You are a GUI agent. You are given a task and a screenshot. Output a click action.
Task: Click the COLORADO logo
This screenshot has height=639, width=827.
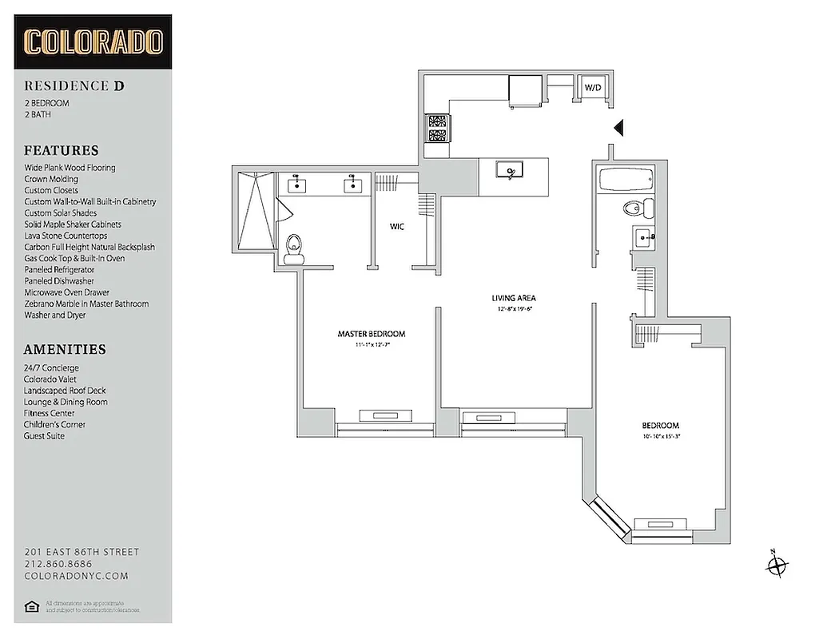[x=93, y=42]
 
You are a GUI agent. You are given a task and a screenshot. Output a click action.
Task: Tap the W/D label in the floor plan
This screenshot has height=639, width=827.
[x=592, y=87]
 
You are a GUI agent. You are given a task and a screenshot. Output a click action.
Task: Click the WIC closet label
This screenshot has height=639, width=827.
[x=397, y=227]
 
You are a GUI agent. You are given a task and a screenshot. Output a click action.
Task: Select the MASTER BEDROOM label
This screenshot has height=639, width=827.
[x=371, y=334]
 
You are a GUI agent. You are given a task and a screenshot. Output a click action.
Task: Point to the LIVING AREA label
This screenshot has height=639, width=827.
[x=513, y=299]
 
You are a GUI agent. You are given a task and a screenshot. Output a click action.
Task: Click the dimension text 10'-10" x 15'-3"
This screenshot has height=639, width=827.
[x=660, y=437]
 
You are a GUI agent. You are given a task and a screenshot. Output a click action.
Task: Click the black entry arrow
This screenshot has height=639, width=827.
[x=617, y=128]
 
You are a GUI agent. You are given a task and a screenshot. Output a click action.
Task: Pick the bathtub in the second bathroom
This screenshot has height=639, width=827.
[x=624, y=180]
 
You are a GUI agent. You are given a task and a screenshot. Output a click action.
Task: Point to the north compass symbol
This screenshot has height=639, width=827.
[x=776, y=566]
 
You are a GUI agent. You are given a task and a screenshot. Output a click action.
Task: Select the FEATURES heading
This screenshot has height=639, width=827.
[x=62, y=150]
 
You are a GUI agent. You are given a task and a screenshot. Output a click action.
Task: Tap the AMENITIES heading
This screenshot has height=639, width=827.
[x=65, y=349]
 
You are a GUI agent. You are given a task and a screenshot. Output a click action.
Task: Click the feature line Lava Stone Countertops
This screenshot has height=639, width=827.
[x=66, y=236]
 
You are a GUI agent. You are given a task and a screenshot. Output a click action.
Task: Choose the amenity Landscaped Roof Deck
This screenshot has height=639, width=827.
[x=65, y=391]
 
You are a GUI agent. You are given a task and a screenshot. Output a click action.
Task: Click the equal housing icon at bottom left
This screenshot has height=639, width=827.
[x=33, y=606]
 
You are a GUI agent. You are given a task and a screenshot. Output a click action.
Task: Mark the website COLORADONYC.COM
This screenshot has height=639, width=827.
[x=76, y=576]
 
